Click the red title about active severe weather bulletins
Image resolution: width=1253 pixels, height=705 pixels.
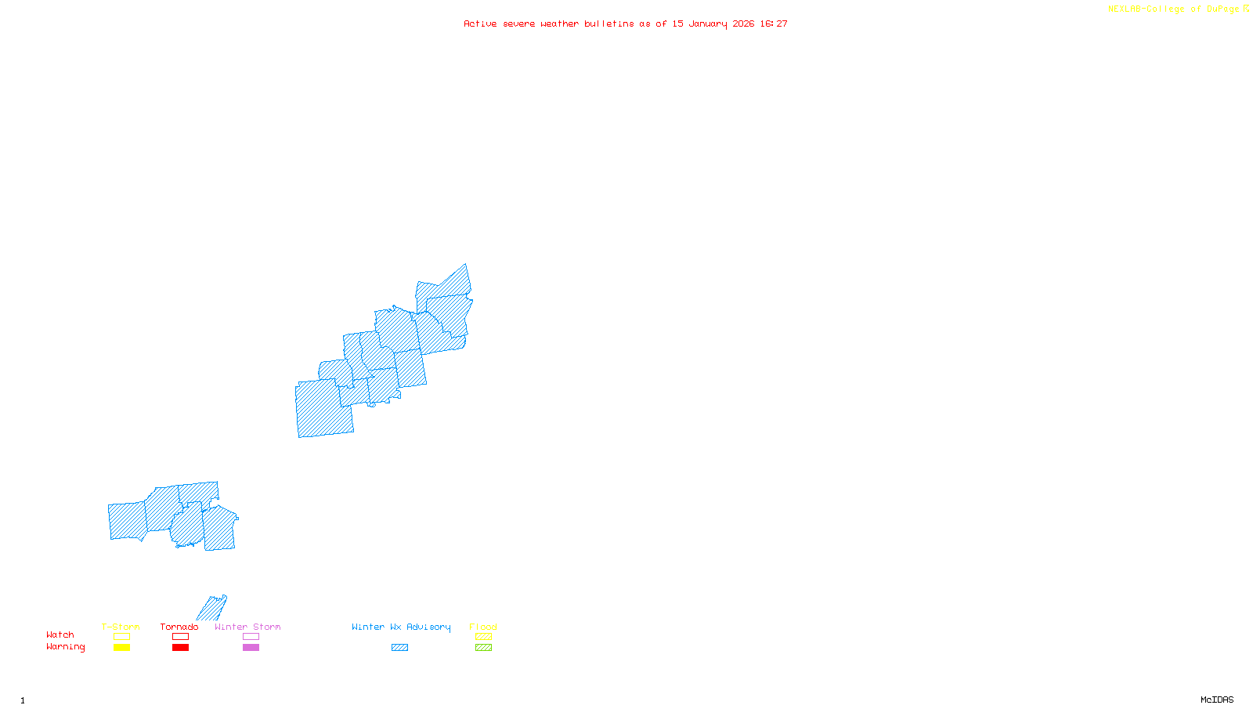626,24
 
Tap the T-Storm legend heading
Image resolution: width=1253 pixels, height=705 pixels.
121,627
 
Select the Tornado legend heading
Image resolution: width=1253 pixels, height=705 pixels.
179,627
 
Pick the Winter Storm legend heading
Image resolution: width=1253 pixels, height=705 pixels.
247,627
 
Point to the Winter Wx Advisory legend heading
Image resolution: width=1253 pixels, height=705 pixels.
401,627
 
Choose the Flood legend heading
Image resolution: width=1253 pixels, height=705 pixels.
483,627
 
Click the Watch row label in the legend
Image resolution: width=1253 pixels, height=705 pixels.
60,634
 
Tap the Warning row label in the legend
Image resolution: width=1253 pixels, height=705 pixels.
66,647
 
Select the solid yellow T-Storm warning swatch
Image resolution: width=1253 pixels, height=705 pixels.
121,648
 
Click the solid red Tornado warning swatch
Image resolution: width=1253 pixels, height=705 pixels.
180,648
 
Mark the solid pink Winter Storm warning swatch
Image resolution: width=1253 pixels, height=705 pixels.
251,648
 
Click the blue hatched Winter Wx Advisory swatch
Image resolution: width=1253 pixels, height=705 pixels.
399,648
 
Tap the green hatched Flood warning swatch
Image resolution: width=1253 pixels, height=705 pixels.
483,648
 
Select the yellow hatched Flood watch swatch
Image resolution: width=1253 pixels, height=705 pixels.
483,637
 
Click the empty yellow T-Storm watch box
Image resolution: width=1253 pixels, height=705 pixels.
121,637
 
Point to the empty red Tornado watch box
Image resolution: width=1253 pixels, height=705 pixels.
180,637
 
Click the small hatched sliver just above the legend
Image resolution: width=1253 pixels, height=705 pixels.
212,609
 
